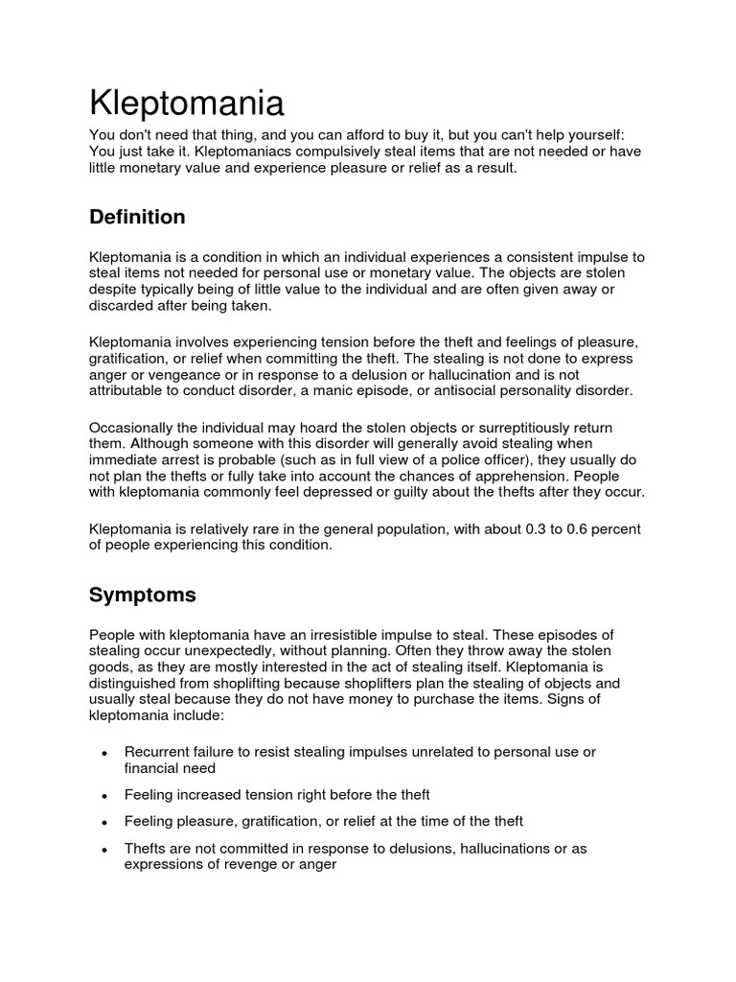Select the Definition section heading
[x=137, y=217]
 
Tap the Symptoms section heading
[x=142, y=595]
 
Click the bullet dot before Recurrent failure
[x=103, y=754]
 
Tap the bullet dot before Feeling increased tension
[x=103, y=796]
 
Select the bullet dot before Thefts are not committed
[x=103, y=850]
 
